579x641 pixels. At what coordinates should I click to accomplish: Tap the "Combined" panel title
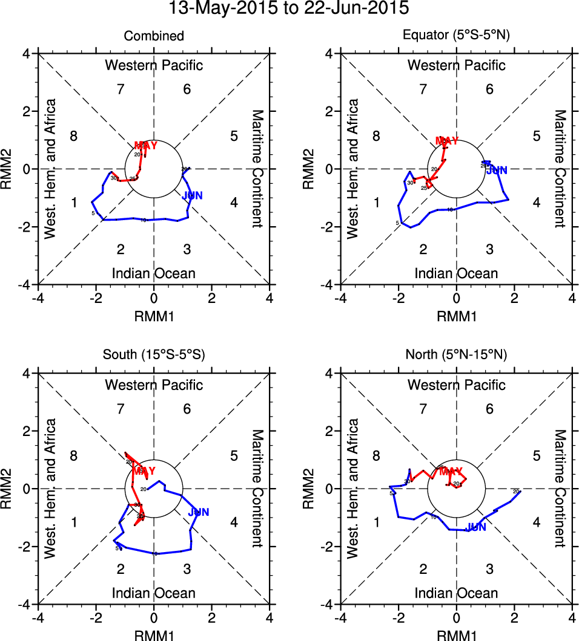pyautogui.click(x=154, y=36)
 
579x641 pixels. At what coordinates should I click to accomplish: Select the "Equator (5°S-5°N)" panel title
pyautogui.click(x=456, y=36)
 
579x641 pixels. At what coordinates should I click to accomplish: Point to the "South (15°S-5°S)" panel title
pyautogui.click(x=154, y=355)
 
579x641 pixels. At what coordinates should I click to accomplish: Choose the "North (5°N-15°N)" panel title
pyautogui.click(x=456, y=355)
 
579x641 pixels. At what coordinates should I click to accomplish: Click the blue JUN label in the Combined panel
pyautogui.click(x=192, y=195)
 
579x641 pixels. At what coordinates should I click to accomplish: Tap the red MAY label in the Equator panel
pyautogui.click(x=447, y=142)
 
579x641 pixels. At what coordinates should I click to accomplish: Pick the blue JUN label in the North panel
pyautogui.click(x=475, y=527)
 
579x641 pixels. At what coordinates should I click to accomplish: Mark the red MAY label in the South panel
pyautogui.click(x=145, y=470)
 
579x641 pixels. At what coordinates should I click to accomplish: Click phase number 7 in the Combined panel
pyautogui.click(x=121, y=89)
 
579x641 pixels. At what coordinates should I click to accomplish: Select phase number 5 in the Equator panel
pyautogui.click(x=536, y=135)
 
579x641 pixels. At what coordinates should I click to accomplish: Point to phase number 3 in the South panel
pyautogui.click(x=187, y=569)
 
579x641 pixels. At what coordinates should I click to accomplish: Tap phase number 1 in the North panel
pyautogui.click(x=376, y=522)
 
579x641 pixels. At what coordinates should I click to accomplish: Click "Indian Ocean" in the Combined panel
pyautogui.click(x=154, y=273)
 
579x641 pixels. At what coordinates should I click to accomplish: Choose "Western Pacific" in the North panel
pyautogui.click(x=456, y=385)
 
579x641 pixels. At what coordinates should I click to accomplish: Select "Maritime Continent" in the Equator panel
pyautogui.click(x=560, y=169)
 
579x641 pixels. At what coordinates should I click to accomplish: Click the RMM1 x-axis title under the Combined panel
pyautogui.click(x=154, y=315)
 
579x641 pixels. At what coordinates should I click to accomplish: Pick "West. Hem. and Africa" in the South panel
pyautogui.click(x=51, y=489)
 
